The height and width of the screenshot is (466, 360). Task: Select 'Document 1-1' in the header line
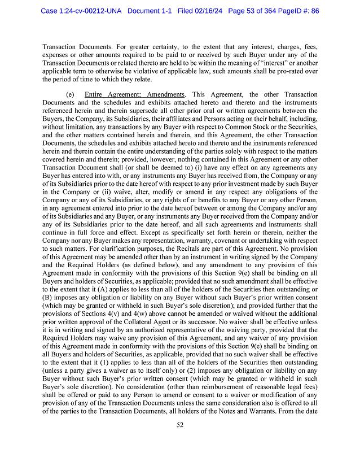150,10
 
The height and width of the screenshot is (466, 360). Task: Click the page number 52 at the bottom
179,433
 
